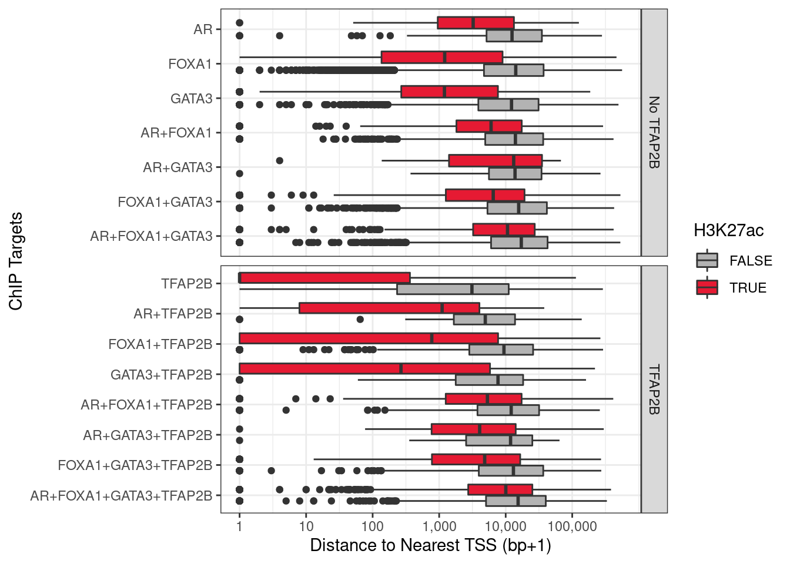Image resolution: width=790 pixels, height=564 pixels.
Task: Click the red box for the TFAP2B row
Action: pos(324,278)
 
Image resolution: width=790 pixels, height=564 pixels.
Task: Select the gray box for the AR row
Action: pos(514,36)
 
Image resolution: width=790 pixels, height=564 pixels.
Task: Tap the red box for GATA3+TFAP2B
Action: pos(364,368)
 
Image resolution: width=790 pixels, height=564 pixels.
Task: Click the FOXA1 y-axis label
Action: pos(190,64)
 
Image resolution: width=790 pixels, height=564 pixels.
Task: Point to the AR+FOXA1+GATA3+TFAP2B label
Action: pos(121,496)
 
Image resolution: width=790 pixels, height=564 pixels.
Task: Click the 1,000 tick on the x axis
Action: pos(438,526)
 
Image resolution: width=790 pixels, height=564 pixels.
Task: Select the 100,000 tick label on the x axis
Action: pos(571,526)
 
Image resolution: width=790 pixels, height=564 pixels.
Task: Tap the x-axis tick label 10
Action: pos(306,526)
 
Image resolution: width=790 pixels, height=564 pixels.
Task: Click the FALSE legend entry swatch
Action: pos(707,260)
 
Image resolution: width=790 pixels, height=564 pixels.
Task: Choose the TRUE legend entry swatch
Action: pos(707,287)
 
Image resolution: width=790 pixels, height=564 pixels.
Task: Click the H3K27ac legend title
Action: pos(728,230)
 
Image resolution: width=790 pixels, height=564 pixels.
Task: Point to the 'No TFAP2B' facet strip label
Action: pos(654,132)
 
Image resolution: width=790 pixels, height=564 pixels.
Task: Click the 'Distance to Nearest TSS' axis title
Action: pos(430,545)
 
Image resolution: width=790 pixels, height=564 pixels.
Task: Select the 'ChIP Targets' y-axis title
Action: pos(16,261)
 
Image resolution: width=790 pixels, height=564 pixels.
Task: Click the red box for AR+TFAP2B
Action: pos(389,308)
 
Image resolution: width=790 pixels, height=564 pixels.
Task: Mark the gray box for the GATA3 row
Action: pos(508,105)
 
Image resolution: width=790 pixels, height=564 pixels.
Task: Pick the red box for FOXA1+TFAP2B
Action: pos(369,338)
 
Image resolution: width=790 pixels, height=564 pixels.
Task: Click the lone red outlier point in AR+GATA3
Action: pos(280,161)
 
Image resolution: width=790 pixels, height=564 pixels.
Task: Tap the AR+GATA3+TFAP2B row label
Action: pos(148,435)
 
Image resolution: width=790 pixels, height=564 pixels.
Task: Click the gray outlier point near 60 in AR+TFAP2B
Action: pos(360,320)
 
